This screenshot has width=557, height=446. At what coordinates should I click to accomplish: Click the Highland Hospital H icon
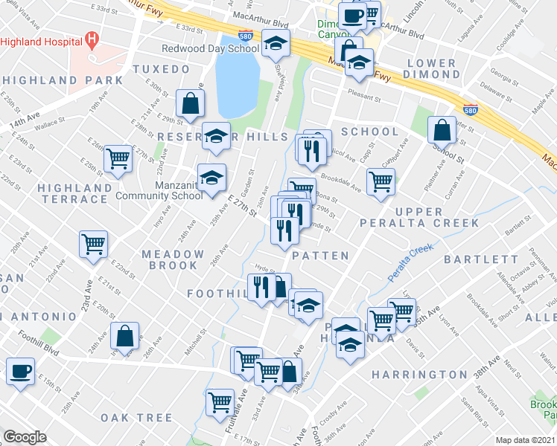click(x=92, y=39)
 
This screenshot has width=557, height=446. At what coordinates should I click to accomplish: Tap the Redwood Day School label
click(x=210, y=48)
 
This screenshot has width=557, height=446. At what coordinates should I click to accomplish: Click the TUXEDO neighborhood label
click(x=161, y=69)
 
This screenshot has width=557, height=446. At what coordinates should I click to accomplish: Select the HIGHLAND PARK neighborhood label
click(x=62, y=80)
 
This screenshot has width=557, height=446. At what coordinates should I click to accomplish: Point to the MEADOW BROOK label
click(x=172, y=259)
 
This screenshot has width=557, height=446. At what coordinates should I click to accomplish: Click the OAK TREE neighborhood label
click(x=136, y=418)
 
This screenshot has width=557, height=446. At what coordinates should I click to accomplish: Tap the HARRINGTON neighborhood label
click(x=419, y=373)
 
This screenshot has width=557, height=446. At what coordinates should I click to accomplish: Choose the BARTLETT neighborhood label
click(x=481, y=259)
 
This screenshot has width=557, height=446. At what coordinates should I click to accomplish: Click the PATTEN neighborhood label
click(x=320, y=256)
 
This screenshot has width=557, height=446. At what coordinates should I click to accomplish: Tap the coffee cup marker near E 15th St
click(x=20, y=369)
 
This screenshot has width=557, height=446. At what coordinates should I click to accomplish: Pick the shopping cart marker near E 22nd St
click(x=93, y=242)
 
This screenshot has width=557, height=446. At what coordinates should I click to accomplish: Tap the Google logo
click(x=25, y=437)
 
